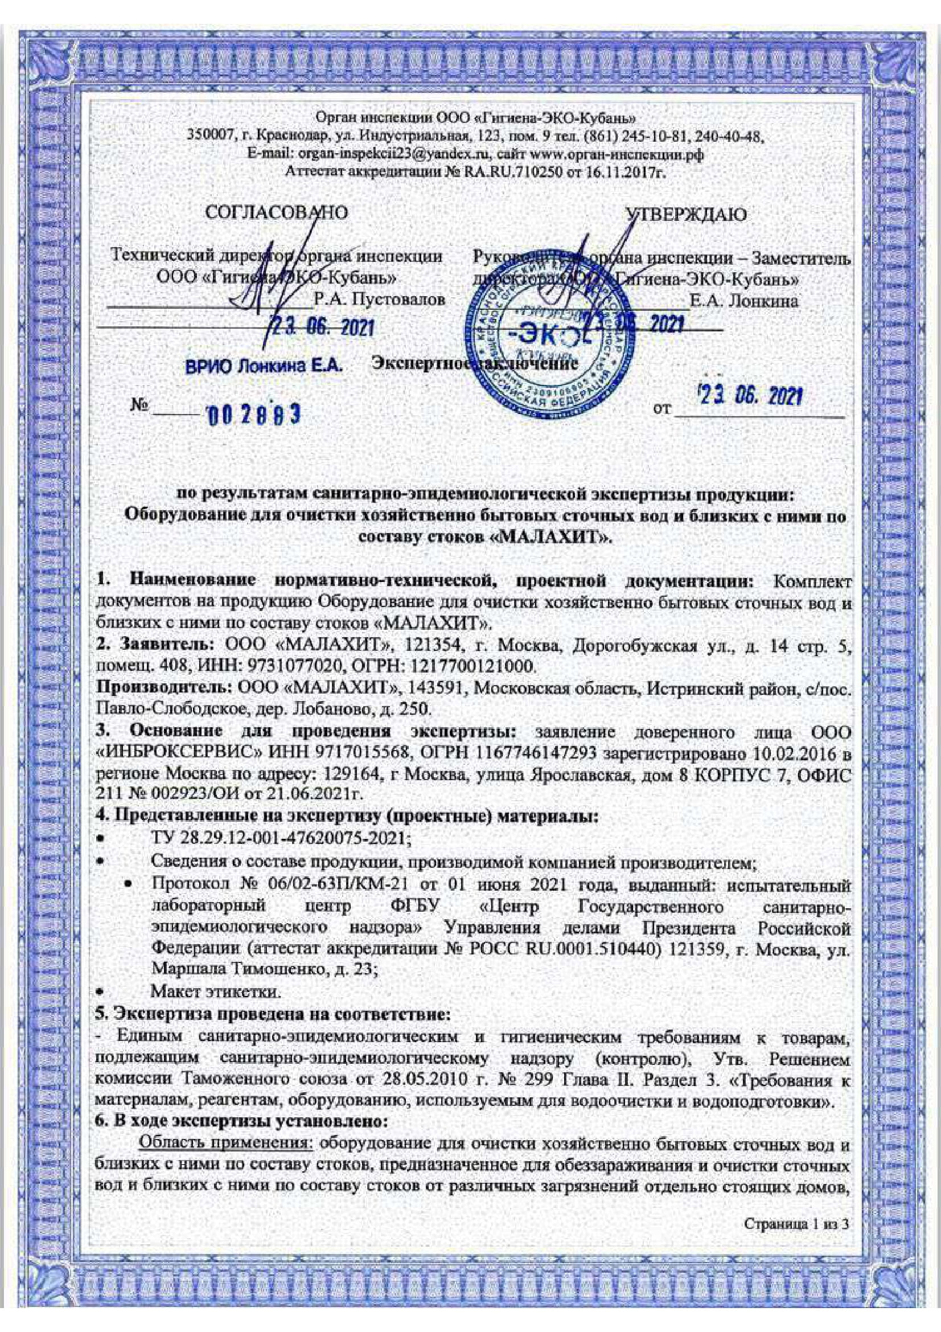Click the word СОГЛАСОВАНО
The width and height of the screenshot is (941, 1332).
pos(277,214)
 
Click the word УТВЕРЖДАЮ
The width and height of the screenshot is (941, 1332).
pos(688,215)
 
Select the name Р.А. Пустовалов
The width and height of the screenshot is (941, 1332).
pos(380,301)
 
